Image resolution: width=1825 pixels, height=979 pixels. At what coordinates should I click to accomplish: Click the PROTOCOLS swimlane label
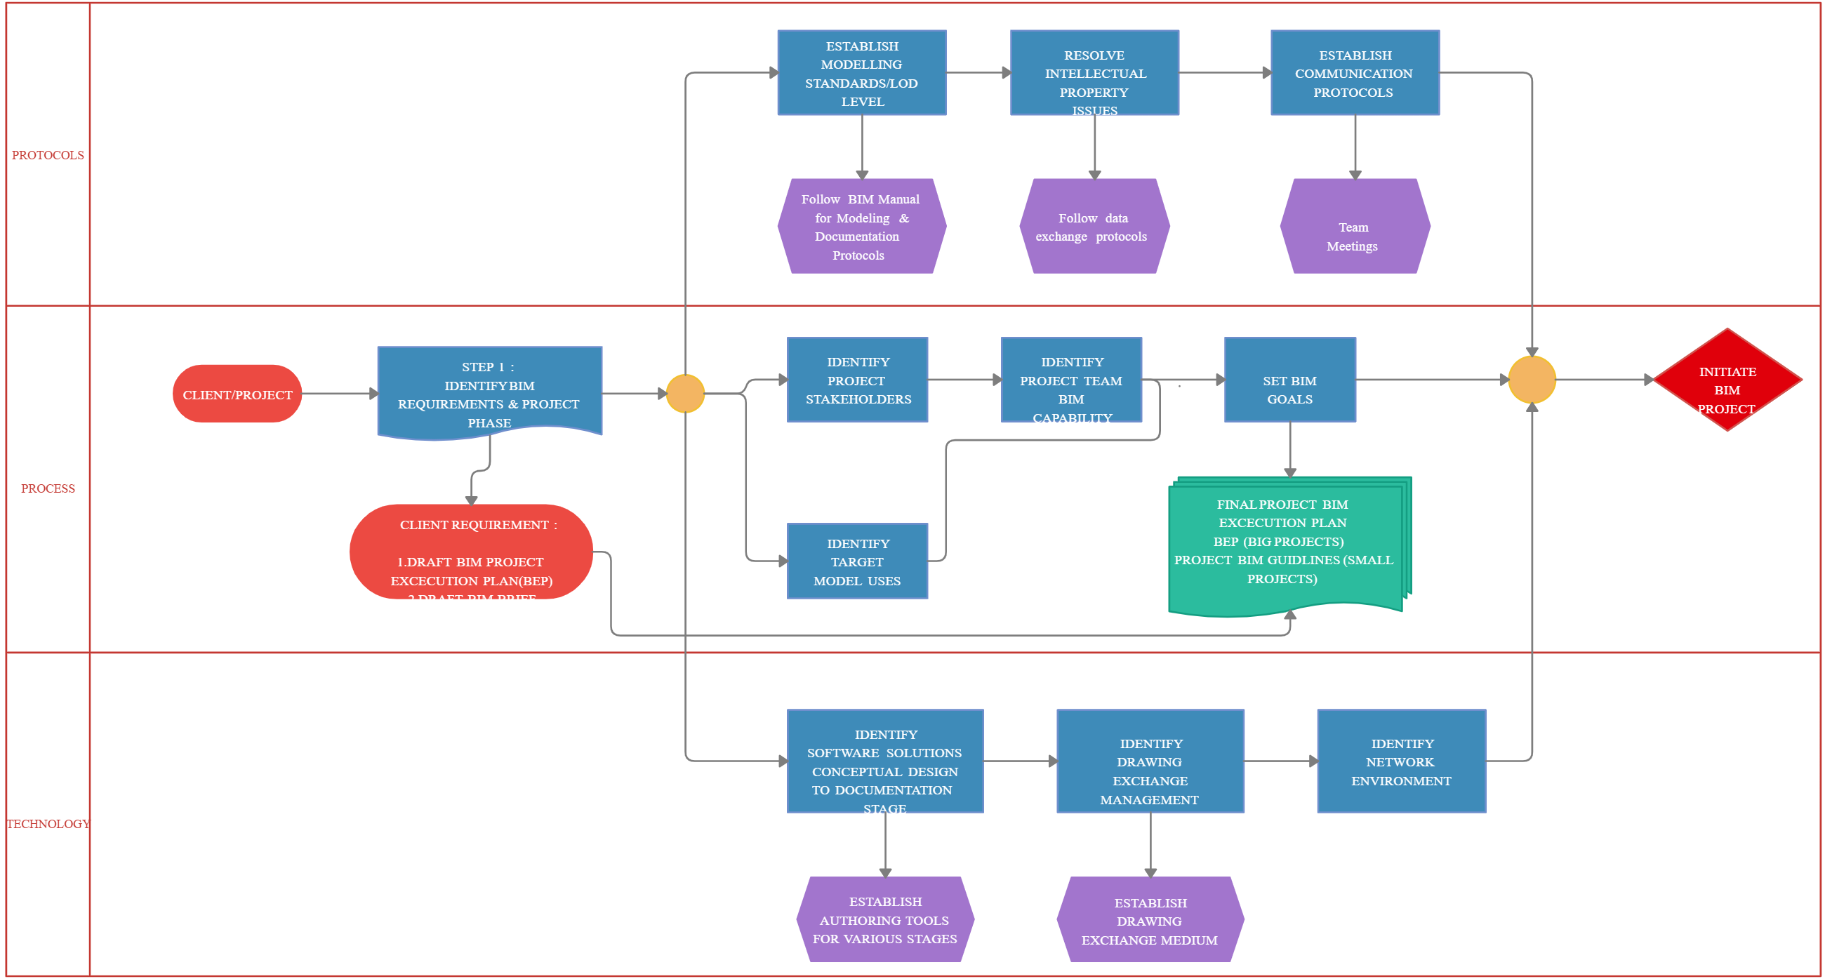point(48,155)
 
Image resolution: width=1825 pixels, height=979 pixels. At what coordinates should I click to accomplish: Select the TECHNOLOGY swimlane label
point(48,824)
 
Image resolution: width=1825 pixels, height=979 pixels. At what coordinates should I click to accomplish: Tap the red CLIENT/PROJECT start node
point(237,394)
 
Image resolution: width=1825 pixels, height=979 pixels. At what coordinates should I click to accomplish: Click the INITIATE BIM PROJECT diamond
point(1727,380)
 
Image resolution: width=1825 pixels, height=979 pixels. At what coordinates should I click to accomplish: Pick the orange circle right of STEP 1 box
point(685,393)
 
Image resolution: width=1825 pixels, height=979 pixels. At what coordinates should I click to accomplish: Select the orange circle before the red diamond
point(1531,380)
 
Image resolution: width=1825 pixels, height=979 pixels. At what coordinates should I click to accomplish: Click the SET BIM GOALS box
point(1289,380)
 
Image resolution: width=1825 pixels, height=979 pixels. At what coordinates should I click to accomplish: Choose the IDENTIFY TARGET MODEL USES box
point(856,561)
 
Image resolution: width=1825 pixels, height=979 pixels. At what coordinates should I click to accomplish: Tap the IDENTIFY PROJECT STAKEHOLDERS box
point(856,380)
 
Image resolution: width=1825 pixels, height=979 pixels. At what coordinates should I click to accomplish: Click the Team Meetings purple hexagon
point(1354,227)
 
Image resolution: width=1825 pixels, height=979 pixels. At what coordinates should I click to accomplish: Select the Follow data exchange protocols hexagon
point(1093,227)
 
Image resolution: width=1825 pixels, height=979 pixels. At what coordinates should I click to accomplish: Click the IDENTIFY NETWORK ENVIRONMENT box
point(1400,761)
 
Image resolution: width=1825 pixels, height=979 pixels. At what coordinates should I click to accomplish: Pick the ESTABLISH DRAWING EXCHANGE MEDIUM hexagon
point(1149,919)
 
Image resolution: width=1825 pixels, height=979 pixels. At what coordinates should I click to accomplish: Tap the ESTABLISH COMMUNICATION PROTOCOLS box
point(1354,72)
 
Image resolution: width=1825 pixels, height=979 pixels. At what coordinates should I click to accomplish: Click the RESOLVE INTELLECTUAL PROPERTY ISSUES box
point(1093,72)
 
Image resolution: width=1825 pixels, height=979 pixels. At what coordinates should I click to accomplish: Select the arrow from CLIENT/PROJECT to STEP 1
point(338,393)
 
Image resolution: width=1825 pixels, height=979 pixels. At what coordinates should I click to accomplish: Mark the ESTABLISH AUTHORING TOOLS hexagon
point(884,919)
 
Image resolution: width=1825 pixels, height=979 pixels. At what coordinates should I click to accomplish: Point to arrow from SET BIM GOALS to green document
point(1289,449)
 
